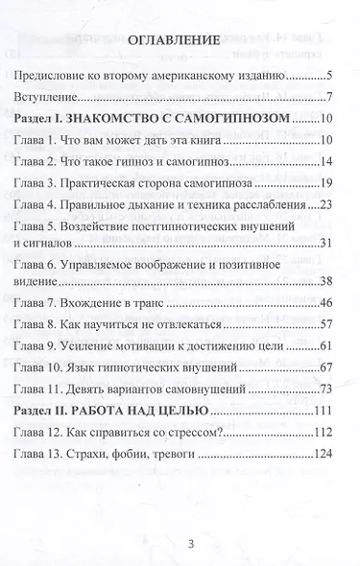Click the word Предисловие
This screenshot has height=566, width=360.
[x=72, y=75]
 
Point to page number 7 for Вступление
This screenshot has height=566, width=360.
[x=328, y=98]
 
